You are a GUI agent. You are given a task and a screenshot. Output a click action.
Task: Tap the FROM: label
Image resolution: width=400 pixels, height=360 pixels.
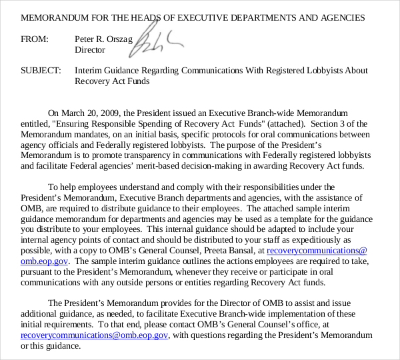[35, 39]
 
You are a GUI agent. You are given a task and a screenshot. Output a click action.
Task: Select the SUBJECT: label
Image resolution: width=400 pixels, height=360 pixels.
[41, 71]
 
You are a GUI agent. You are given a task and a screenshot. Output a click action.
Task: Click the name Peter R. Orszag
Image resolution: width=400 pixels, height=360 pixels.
[102, 39]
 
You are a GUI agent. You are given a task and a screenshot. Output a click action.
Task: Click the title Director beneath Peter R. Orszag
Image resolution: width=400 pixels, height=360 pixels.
[89, 50]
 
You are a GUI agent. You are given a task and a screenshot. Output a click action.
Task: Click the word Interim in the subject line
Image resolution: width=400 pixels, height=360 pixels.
[89, 71]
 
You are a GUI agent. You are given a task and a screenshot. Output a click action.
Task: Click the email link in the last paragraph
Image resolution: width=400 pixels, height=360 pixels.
[95, 336]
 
